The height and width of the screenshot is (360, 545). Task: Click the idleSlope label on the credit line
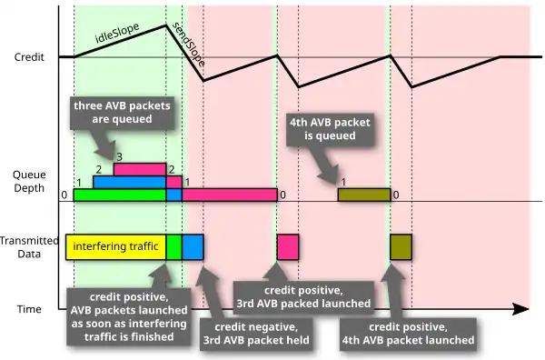(x=117, y=33)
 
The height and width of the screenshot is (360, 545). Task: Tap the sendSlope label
(x=189, y=45)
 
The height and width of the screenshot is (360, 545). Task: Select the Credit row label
(x=29, y=57)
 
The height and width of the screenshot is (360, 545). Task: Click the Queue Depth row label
(x=29, y=181)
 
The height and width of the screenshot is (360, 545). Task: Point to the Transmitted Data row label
(x=29, y=247)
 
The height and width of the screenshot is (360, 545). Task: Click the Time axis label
(x=29, y=309)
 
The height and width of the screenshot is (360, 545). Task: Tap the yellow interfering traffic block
(x=115, y=247)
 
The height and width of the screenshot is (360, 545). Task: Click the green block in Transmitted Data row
(x=173, y=247)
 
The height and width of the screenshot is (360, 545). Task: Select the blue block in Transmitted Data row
(x=193, y=247)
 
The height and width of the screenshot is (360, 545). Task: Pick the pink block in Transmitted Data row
(x=288, y=247)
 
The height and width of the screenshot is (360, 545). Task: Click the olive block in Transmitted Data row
(x=401, y=247)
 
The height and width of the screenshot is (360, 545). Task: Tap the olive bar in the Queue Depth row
(x=364, y=195)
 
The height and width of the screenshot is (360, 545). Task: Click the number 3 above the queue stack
(x=119, y=157)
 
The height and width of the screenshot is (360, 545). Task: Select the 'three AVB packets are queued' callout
(x=122, y=113)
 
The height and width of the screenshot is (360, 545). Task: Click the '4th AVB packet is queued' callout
(x=330, y=129)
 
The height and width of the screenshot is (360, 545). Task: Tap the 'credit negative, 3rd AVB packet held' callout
(x=256, y=334)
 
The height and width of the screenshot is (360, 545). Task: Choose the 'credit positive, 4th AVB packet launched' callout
(x=408, y=334)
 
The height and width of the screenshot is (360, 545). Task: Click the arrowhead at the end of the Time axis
(x=521, y=309)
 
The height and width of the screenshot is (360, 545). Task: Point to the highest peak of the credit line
(x=166, y=25)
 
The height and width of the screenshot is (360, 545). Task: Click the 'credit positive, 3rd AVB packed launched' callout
(x=303, y=297)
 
